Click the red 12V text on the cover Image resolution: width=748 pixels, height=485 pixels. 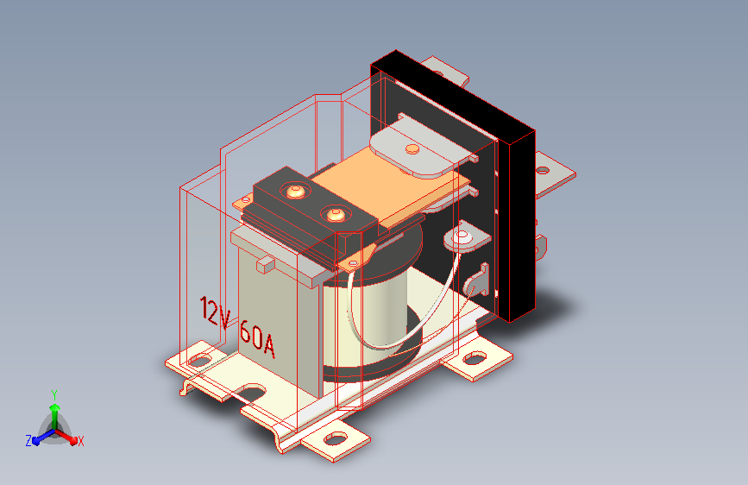point(215,312)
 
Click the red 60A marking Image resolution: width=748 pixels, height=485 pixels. point(258,338)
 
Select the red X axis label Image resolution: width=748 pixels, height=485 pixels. point(80,441)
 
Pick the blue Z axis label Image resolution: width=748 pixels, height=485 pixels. point(28,441)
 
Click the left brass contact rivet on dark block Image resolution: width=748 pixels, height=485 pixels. point(295,192)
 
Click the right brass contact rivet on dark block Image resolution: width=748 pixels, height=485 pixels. point(335,214)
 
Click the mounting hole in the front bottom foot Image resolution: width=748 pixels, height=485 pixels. point(336,438)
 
